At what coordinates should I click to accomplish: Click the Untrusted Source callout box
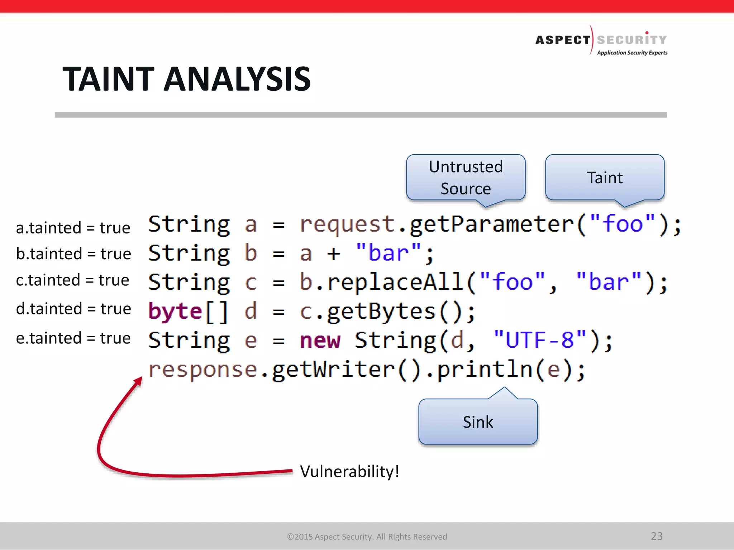click(466, 178)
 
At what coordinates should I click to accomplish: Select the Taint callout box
click(605, 178)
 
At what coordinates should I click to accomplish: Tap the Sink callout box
click(478, 422)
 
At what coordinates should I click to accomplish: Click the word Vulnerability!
click(349, 471)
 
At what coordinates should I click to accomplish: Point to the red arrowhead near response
click(138, 381)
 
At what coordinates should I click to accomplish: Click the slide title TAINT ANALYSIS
click(186, 79)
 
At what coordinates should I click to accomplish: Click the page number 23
click(657, 536)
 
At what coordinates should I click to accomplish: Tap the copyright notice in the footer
click(367, 537)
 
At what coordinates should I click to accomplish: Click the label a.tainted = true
click(73, 228)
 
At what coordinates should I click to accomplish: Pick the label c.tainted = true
click(72, 280)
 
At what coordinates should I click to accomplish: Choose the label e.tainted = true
click(73, 338)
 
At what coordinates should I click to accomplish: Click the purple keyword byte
click(175, 311)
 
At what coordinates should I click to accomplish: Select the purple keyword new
click(320, 340)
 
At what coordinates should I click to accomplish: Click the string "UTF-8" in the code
click(540, 339)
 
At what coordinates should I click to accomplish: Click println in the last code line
click(485, 370)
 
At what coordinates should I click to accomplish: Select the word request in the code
click(347, 225)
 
